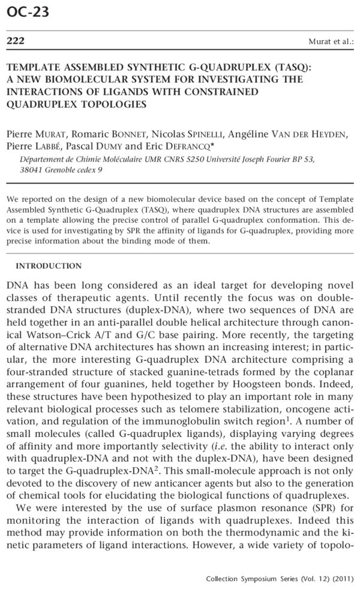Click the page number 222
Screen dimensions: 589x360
[x=15, y=41]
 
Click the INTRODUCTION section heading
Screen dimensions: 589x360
[x=48, y=265]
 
